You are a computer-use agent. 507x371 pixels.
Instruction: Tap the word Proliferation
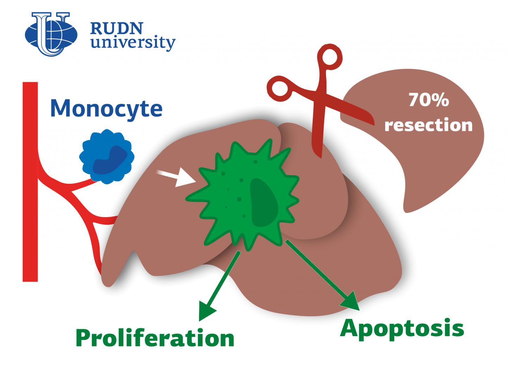coord(155,338)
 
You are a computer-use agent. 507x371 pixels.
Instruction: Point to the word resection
coord(428,125)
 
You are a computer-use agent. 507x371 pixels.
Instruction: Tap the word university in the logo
coord(132,43)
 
